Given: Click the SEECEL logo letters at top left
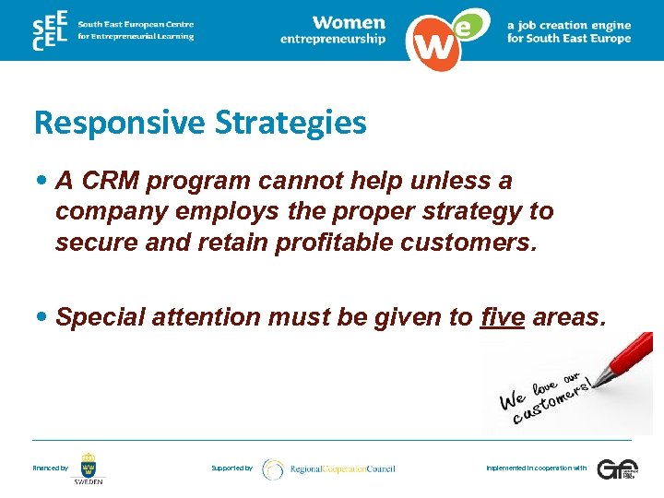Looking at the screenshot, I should [48, 30].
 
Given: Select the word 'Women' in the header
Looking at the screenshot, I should [349, 22].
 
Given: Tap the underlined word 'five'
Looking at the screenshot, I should [503, 317].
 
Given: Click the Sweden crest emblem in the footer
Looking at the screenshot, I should [89, 464].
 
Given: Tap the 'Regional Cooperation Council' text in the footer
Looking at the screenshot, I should [342, 468].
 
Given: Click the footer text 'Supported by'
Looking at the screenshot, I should [231, 468].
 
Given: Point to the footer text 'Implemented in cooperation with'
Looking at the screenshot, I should [536, 468].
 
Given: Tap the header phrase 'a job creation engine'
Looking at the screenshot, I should [569, 26].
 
